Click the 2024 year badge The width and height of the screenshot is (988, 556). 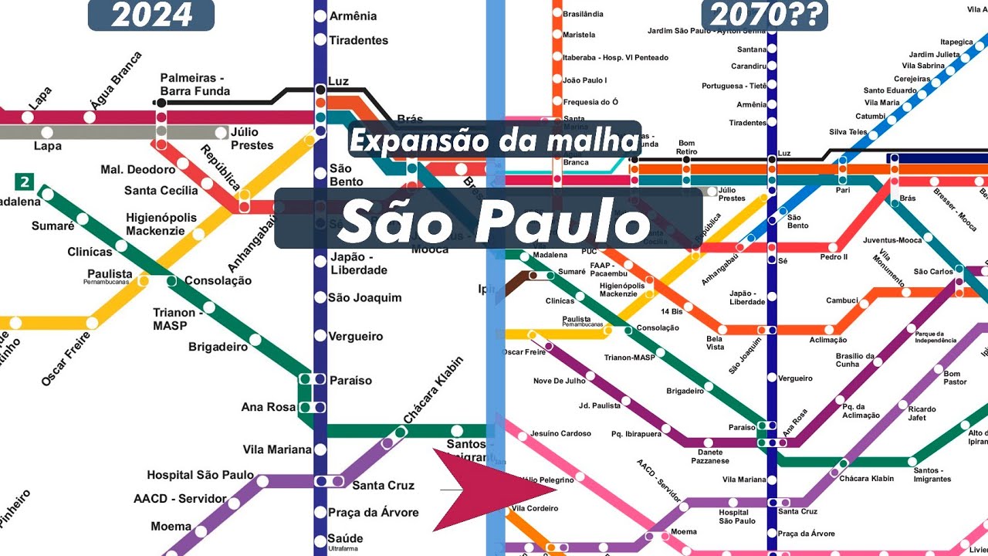[x=151, y=15]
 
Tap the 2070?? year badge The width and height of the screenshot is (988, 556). [x=764, y=15]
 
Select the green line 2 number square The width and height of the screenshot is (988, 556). [x=25, y=182]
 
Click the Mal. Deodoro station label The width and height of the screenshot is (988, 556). [x=138, y=170]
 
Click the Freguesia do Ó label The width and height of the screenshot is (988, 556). [x=590, y=102]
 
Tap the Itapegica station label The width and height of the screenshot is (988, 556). [x=956, y=42]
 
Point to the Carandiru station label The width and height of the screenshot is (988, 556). [x=748, y=66]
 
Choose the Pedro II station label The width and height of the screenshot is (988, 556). [x=834, y=257]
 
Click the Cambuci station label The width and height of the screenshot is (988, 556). [x=842, y=300]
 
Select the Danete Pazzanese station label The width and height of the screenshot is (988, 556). [x=710, y=456]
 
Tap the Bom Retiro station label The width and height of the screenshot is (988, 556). [x=686, y=147]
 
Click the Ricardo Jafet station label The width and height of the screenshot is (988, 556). [x=922, y=413]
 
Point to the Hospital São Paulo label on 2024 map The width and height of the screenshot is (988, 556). [x=200, y=475]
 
